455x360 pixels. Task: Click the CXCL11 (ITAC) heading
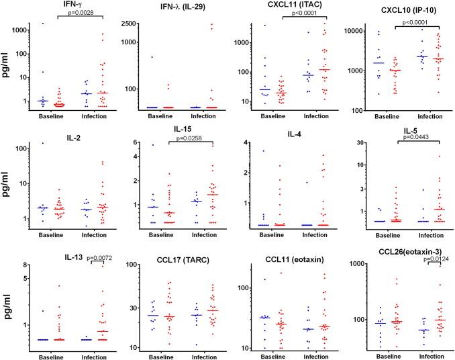[x=290, y=6]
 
